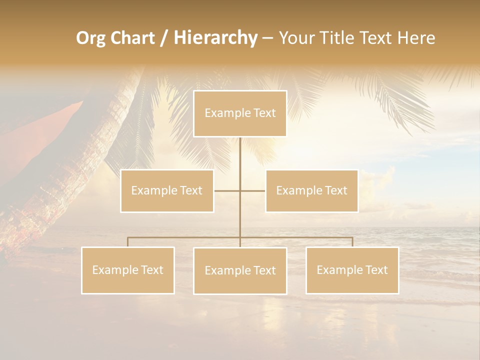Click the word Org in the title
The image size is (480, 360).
point(91,38)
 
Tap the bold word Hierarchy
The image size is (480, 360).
point(215,38)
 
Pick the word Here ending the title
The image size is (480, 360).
point(416,38)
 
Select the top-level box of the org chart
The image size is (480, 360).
point(240,113)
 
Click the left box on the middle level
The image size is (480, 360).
point(167,191)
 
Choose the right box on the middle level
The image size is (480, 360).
point(311,191)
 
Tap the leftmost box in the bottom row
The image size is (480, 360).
point(128,270)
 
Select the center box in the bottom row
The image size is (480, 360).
point(240,271)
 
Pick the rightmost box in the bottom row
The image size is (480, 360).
point(352,270)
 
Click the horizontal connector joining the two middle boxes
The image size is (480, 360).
point(227,191)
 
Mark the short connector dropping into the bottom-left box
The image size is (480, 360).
point(128,242)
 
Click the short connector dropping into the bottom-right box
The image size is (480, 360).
point(352,242)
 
